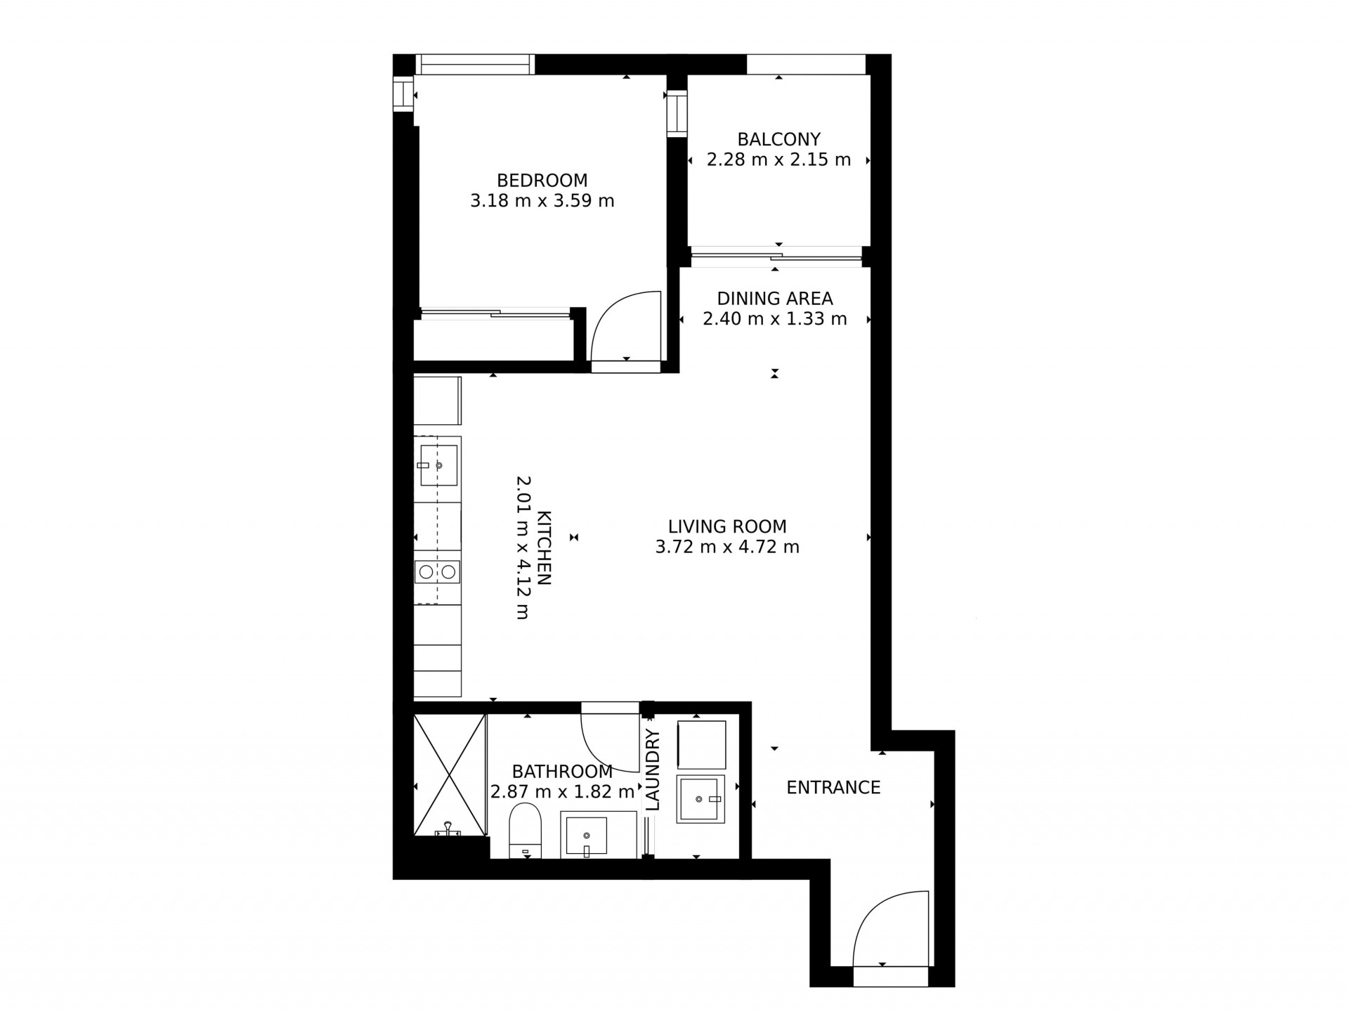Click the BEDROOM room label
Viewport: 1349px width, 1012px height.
[542, 181]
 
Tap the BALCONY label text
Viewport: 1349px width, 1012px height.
[778, 140]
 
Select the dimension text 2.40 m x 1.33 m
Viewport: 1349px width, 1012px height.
[775, 319]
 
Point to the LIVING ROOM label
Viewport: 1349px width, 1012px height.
[727, 526]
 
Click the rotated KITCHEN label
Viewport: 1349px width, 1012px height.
[544, 548]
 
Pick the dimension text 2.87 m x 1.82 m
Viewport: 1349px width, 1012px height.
[562, 792]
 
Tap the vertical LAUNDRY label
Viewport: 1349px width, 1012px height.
[653, 770]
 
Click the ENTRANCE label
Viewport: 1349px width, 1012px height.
[833, 788]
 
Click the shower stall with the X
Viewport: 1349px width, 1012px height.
[450, 775]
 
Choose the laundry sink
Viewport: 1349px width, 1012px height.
[700, 799]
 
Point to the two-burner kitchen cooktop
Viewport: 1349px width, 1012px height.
[437, 572]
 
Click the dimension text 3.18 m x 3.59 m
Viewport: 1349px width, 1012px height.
[542, 201]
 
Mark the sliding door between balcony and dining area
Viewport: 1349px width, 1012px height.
[776, 257]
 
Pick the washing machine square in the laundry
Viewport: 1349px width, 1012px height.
[701, 744]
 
